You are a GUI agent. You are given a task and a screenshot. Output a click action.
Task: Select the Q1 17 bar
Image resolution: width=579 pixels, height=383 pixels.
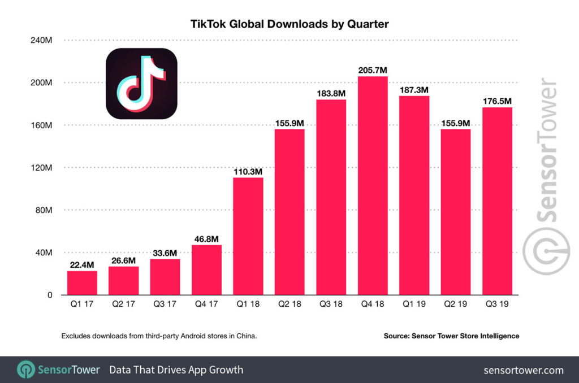click(82, 283)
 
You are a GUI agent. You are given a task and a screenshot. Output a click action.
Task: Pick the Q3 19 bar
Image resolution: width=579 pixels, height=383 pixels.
click(497, 201)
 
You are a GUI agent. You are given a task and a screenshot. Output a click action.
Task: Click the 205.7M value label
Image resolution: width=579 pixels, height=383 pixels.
click(373, 71)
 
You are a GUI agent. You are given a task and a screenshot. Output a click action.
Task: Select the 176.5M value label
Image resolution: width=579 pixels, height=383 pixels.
click(497, 101)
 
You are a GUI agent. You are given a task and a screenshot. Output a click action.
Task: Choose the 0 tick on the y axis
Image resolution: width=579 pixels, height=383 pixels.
click(49, 295)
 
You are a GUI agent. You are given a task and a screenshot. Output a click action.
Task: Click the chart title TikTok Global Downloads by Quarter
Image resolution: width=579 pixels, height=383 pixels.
click(289, 24)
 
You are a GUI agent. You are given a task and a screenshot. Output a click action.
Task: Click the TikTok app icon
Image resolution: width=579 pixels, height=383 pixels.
click(141, 84)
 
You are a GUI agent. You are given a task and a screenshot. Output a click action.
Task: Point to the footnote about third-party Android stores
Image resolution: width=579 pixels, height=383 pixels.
click(159, 336)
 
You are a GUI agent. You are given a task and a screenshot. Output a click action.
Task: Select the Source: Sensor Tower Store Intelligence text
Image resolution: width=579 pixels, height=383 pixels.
click(451, 336)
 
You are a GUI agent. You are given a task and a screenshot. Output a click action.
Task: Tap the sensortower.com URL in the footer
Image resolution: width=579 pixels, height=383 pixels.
click(524, 370)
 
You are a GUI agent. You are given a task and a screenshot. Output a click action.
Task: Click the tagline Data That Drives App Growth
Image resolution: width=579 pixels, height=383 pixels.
click(176, 370)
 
